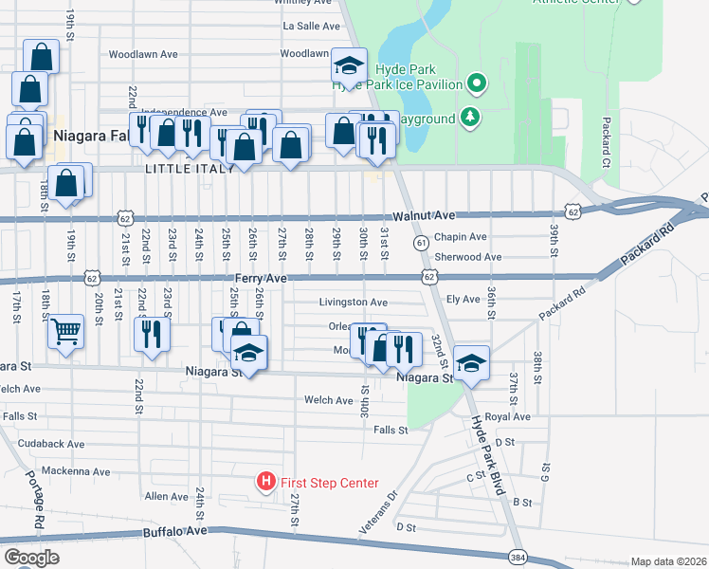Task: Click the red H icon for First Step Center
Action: point(267,483)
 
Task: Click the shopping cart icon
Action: point(65,331)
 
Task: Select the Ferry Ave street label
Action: point(262,278)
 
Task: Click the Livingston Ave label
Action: point(353,302)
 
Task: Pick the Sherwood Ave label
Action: point(467,257)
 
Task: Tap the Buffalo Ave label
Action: point(174,533)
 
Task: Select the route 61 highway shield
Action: point(420,244)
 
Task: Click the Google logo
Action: point(31,558)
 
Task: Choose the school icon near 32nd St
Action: point(470,363)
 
